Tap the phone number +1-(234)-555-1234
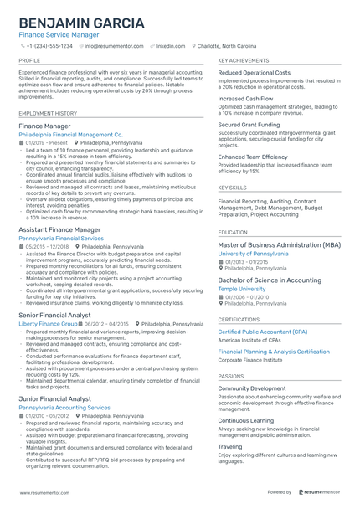51,46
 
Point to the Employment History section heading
48,112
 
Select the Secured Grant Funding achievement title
250,123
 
